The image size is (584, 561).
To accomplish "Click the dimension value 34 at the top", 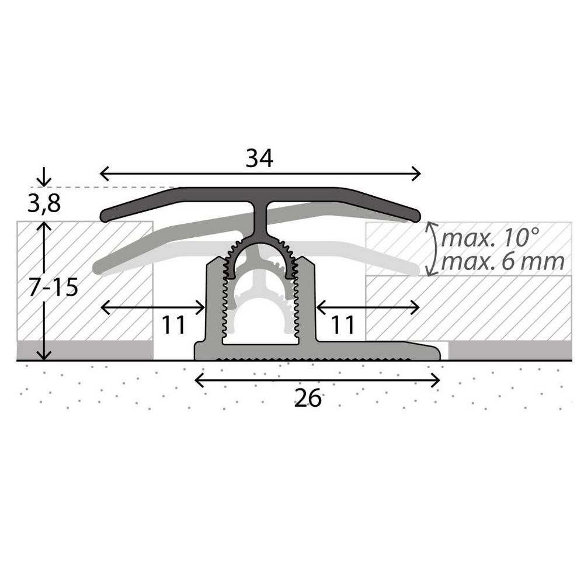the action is pos(259,158).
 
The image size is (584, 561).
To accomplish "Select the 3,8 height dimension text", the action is pos(44,203).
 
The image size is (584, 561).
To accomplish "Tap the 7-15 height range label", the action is pos(53,287).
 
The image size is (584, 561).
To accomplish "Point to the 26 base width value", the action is pos(308,398).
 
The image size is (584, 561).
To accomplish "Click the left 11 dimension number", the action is pos(173,325).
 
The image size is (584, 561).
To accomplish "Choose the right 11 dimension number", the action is pos(343,325).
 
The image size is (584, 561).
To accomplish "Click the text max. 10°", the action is pos(490,238).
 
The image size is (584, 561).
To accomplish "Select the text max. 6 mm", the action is pos(503,262).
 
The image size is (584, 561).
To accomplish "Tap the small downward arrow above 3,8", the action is pos(44,176).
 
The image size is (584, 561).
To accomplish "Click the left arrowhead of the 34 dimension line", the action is pos(105,174).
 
